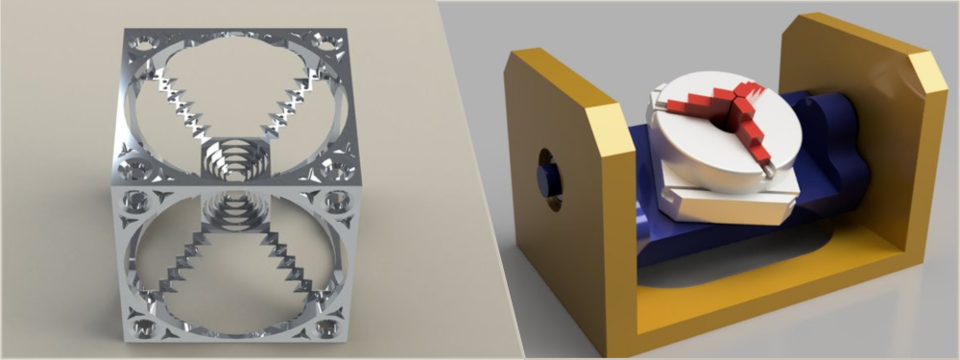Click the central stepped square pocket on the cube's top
tap(235, 158)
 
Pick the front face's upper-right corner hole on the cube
tap(338, 202)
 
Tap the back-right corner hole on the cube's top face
tap(328, 43)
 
